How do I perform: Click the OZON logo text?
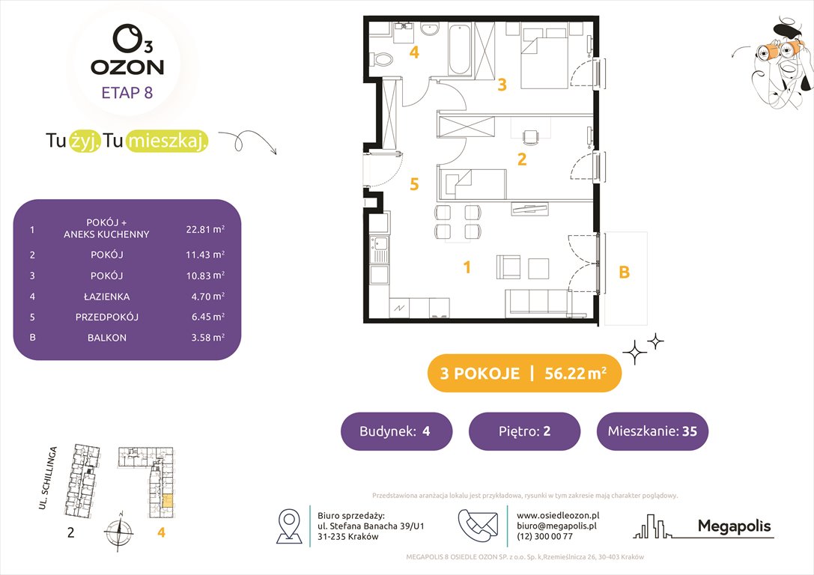127,67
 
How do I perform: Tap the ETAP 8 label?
127,94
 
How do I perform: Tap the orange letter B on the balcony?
624,273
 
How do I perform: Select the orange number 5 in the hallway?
414,184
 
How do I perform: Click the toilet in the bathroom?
383,58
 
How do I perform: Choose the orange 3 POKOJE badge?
523,374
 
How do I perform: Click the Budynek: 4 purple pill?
396,431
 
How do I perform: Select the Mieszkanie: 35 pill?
651,431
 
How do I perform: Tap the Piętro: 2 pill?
524,431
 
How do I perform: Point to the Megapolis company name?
734,526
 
